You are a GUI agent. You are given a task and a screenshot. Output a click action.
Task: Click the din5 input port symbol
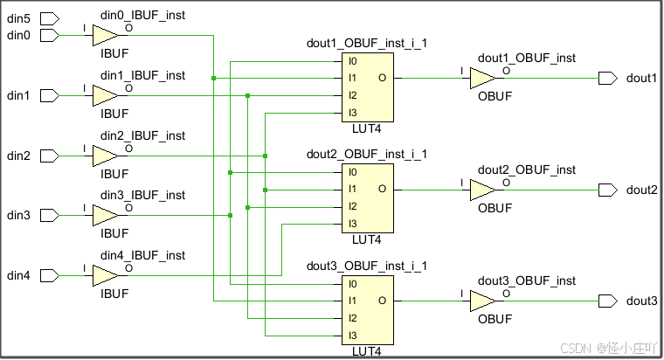[x=50, y=17]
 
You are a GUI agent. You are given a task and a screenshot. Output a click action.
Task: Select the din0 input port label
[x=18, y=35]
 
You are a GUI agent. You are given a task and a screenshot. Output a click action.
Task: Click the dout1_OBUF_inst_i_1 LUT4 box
[x=367, y=87]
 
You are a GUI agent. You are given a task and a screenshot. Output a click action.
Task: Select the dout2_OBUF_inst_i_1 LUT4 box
[x=367, y=197]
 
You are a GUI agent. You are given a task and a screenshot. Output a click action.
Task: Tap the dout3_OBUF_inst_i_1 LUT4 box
[x=367, y=309]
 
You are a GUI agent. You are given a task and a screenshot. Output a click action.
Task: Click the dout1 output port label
[x=641, y=79]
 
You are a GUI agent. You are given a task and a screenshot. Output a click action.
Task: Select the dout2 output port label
[x=641, y=190]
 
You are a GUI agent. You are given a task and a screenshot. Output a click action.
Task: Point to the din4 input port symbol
[x=50, y=275]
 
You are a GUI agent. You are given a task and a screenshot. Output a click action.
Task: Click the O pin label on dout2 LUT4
[x=382, y=189]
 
